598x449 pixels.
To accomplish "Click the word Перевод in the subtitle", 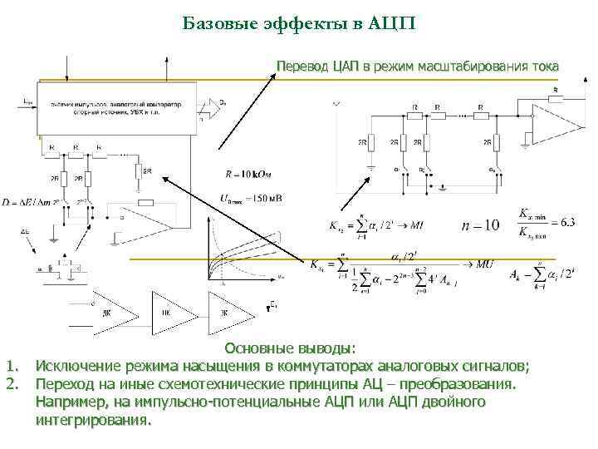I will (x=302, y=66).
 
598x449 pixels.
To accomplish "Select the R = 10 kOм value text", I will (x=248, y=175).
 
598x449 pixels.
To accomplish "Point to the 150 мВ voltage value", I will (x=265, y=199).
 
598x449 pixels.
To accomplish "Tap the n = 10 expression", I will (x=481, y=225).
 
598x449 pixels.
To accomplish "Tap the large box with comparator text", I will (x=116, y=108).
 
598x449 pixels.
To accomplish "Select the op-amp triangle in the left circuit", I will (x=145, y=218).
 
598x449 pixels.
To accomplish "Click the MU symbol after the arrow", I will (x=487, y=264).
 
